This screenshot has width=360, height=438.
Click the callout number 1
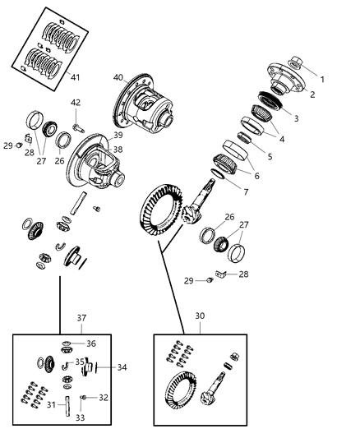(x=322, y=80)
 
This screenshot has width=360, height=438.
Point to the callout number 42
(x=76, y=103)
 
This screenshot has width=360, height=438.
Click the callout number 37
(x=81, y=317)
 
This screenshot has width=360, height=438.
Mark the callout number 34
(x=122, y=367)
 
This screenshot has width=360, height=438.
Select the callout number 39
(x=118, y=136)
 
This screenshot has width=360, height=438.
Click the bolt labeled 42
(x=78, y=127)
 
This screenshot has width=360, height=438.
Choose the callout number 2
(x=312, y=95)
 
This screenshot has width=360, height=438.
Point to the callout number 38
(x=118, y=150)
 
